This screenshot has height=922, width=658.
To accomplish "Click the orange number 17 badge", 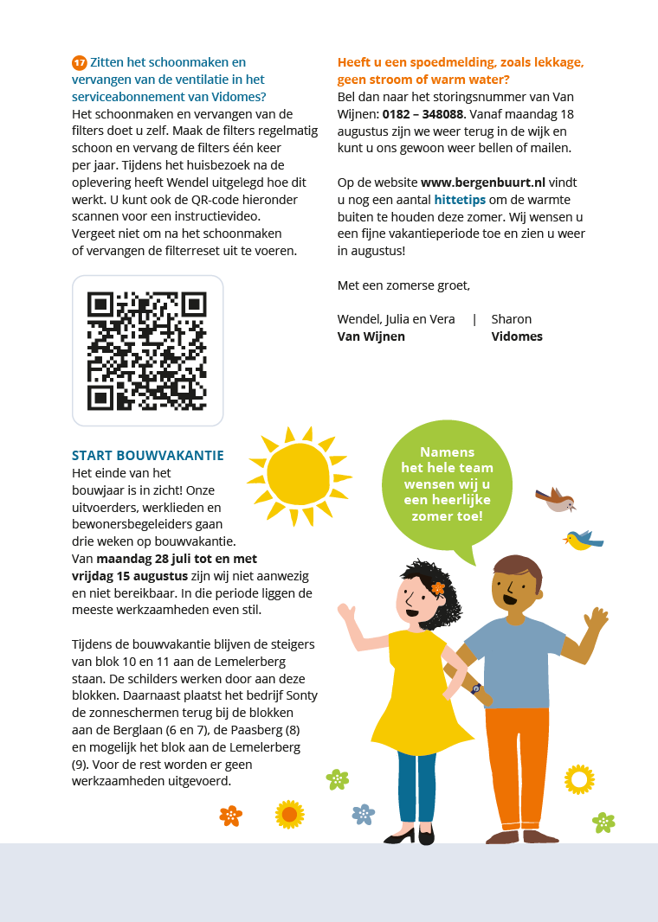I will coord(79,62).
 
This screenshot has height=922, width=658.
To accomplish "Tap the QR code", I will coord(147,350).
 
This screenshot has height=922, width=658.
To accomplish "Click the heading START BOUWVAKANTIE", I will coord(148,456).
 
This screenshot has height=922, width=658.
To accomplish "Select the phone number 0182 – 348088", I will coord(423,113).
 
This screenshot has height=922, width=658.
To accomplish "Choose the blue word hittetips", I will coord(460,199).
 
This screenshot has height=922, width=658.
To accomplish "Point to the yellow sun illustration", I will coord(299,473).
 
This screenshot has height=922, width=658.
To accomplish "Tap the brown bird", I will coord(555,499).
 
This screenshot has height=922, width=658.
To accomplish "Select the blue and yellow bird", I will coord(584,541).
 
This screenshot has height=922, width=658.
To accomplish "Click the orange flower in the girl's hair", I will coord(438,588).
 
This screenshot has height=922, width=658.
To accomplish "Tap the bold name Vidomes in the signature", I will coord(517,336).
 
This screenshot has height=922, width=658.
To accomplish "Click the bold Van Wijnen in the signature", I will coord(371,336).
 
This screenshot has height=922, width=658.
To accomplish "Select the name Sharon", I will coord(511,319).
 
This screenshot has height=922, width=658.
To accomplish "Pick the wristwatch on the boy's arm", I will coord(475,689).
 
